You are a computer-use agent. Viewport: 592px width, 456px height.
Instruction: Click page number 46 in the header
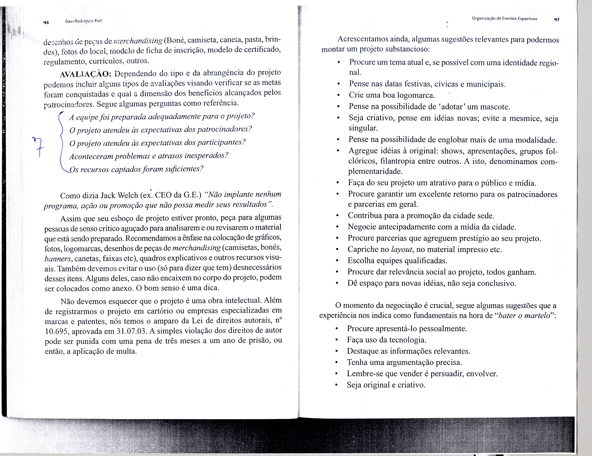(x=46, y=22)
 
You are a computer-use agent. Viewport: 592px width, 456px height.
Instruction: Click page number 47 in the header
(x=556, y=20)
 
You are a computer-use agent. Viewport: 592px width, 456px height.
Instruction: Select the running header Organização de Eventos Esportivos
(x=504, y=19)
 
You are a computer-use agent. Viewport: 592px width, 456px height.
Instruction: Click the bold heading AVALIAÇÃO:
(x=85, y=74)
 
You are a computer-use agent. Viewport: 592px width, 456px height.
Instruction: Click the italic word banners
(x=58, y=259)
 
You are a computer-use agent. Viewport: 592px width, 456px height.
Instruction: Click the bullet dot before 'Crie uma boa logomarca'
(x=338, y=95)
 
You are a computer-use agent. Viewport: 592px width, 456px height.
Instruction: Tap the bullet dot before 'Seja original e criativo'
(x=336, y=385)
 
